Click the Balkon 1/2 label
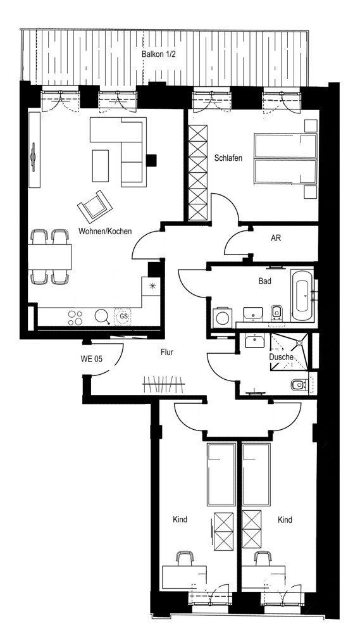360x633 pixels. point(159,54)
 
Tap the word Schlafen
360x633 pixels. point(228,158)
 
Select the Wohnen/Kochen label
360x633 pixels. point(105,231)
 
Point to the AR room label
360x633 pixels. point(276,238)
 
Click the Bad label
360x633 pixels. point(264,281)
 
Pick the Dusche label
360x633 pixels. point(281,357)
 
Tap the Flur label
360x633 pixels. point(166,353)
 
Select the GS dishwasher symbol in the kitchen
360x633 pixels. point(123,317)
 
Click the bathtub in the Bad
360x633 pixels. point(302,296)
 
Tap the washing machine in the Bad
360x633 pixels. point(221,317)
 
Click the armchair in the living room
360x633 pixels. point(95,206)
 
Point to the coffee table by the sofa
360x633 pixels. point(101,166)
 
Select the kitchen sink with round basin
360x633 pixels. point(101,316)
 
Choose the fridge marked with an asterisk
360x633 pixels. point(152,287)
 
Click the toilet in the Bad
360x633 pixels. point(277,312)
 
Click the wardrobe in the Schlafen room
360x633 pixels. point(198,172)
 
